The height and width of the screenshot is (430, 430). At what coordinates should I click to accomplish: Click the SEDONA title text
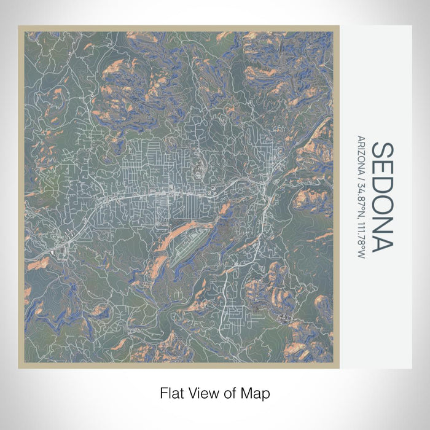coord(381,197)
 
